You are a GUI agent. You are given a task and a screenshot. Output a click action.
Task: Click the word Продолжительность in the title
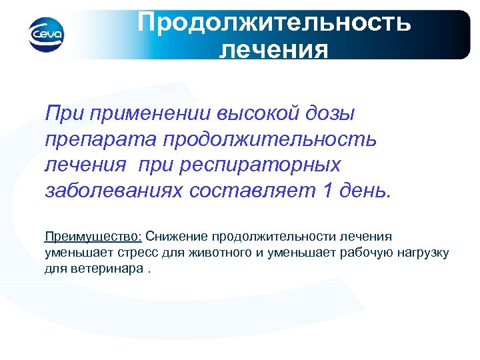274,23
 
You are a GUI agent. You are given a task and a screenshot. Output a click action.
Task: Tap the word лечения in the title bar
273,51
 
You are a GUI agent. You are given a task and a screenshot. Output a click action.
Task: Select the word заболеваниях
113,191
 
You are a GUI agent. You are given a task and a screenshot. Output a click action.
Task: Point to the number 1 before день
327,191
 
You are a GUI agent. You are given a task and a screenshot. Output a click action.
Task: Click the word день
363,191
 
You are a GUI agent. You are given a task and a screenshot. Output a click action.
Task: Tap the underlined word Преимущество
93,237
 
